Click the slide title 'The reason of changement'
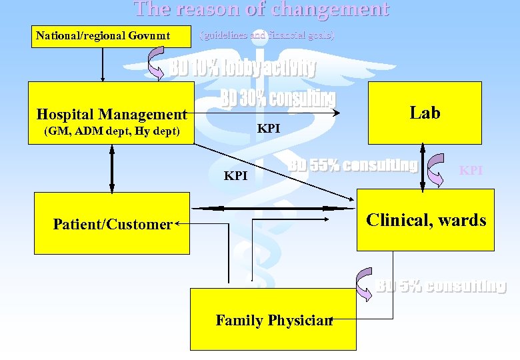261,9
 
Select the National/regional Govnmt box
103,35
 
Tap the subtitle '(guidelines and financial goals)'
267,35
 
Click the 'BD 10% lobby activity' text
242,68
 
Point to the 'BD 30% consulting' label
277,98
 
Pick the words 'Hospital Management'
111,115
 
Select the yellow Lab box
425,113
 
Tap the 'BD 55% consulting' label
353,165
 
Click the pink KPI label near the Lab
471,171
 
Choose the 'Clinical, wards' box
426,220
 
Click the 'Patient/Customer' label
113,225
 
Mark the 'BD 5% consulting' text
441,286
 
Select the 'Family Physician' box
273,321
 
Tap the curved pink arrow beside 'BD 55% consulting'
437,170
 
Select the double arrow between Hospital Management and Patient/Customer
111,169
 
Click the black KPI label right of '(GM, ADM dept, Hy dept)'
269,128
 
